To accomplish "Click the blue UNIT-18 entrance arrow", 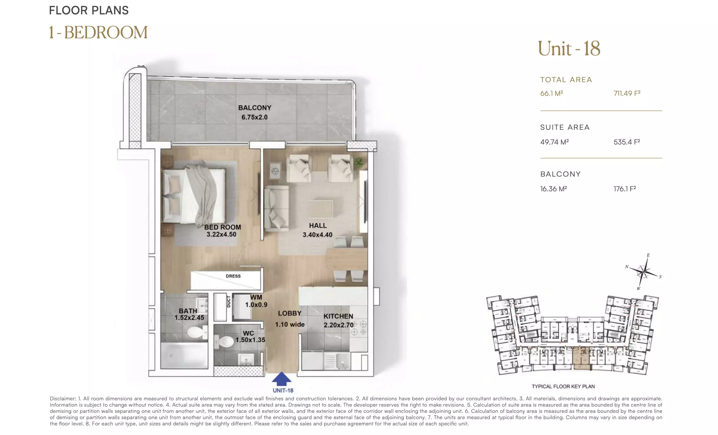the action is [282, 379].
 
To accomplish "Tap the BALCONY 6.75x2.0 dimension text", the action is [255, 117].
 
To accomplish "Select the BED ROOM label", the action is [223, 227].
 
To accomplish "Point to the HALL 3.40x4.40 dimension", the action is [317, 235].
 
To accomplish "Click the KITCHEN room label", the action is [338, 316].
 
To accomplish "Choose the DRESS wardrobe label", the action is [233, 276].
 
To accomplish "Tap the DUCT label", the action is [229, 302].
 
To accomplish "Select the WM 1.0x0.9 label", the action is [256, 301].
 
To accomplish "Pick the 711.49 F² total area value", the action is [627, 93].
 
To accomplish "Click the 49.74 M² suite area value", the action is [554, 142].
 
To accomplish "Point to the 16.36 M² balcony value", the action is [554, 189].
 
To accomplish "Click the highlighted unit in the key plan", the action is [582, 358].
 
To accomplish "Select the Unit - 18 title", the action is [569, 49].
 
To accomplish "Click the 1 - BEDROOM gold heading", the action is [98, 32].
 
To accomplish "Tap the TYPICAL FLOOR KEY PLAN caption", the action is [563, 386].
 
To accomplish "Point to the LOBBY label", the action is [290, 313].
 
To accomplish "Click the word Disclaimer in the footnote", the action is [63, 399].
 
